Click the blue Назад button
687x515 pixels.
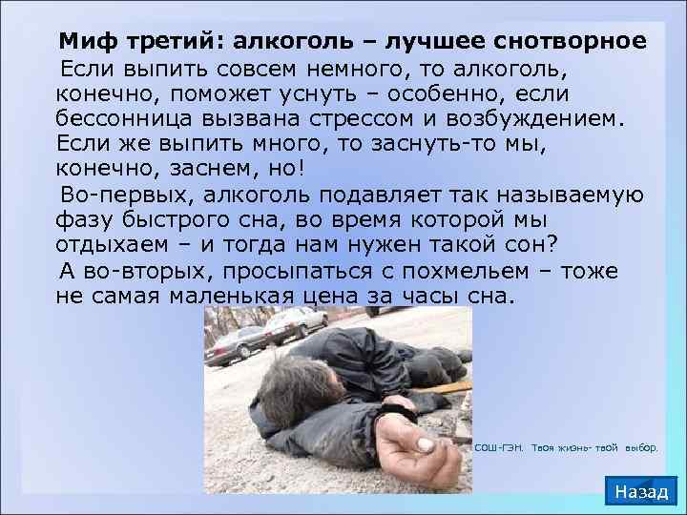[x=641, y=491]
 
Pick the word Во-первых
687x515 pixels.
[x=119, y=196]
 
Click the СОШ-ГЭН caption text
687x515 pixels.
[x=497, y=446]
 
